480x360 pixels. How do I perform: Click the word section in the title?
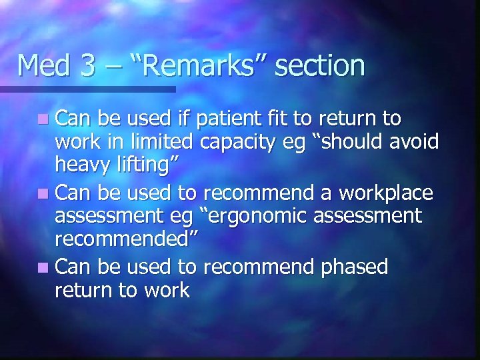pos(319,65)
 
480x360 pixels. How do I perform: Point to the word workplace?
pos(386,193)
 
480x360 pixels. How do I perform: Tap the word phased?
pos(354,267)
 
